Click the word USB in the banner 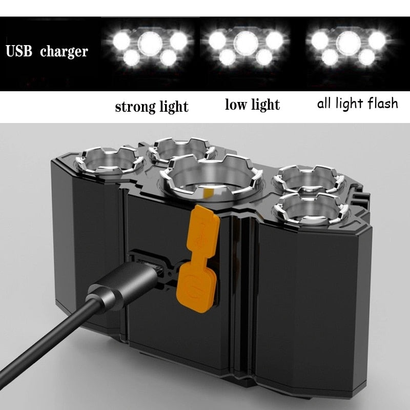coord(20,52)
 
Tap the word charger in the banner coord(64,52)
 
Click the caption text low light coord(252,105)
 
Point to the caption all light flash coord(357,104)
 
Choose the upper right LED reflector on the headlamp coord(307,179)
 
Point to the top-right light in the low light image coord(275,40)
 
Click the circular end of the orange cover coord(193,282)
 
